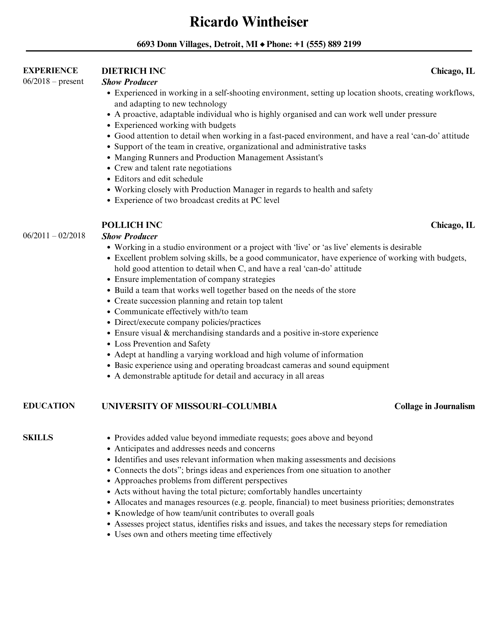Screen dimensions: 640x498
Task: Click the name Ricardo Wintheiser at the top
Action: pyautogui.click(x=249, y=22)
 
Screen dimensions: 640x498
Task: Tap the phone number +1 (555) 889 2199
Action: pyautogui.click(x=327, y=44)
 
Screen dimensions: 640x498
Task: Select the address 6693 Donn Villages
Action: pyautogui.click(x=173, y=44)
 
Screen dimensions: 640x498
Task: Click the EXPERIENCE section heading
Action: pyautogui.click(x=50, y=70)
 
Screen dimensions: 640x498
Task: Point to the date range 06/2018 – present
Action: pyautogui.click(x=53, y=81)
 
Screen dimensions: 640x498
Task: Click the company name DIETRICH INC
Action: pyautogui.click(x=133, y=71)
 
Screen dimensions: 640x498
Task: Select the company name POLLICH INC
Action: pyautogui.click(x=132, y=225)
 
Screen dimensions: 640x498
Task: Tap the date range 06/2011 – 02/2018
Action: pyautogui.click(x=54, y=236)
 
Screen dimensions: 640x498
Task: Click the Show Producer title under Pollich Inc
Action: pyautogui.click(x=129, y=236)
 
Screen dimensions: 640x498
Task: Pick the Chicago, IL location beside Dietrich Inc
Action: pyautogui.click(x=453, y=71)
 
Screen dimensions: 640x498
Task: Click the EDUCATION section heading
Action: pyautogui.click(x=49, y=406)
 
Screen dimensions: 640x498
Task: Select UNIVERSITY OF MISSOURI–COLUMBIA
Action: pyautogui.click(x=189, y=406)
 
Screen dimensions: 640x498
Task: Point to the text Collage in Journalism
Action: pyautogui.click(x=435, y=406)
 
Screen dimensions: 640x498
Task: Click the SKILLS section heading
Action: pyautogui.click(x=38, y=437)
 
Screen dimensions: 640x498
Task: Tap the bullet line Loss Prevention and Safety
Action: pyautogui.click(x=162, y=344)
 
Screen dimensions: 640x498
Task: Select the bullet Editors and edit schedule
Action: pyautogui.click(x=158, y=179)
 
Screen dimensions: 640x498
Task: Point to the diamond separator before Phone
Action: pyautogui.click(x=262, y=45)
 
